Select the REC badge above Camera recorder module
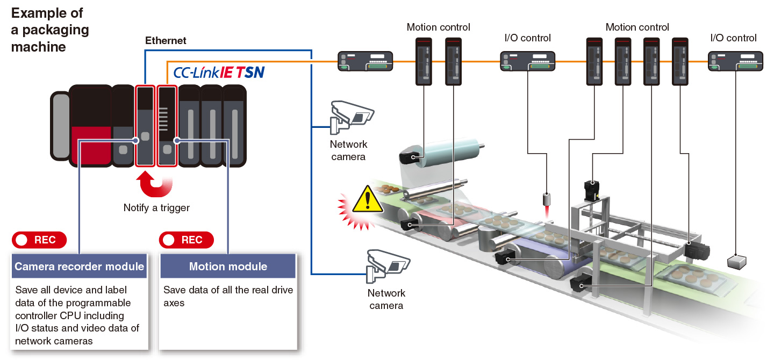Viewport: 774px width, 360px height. (x=39, y=240)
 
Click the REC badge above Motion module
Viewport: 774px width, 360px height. (x=186, y=240)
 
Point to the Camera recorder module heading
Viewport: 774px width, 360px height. (x=80, y=266)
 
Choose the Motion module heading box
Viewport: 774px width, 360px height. (x=228, y=266)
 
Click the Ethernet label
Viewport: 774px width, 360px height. (x=166, y=40)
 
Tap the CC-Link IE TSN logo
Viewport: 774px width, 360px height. (x=219, y=72)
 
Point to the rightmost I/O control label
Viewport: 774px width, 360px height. (x=733, y=38)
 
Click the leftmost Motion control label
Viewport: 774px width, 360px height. (x=438, y=27)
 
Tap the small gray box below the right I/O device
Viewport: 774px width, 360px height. (x=736, y=262)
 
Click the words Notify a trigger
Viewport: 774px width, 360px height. (x=156, y=207)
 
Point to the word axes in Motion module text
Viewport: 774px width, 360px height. (x=174, y=303)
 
